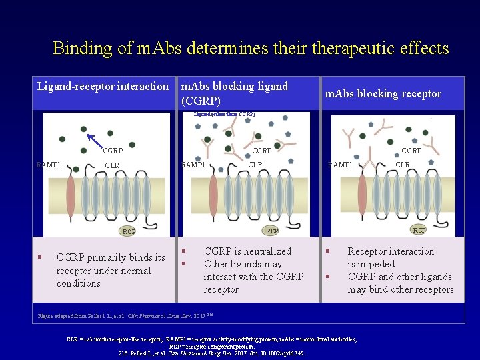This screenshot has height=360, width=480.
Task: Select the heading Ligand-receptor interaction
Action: tap(103, 86)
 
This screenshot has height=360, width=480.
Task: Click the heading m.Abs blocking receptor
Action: tap(383, 93)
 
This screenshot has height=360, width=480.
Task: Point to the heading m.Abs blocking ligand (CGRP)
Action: tap(235, 93)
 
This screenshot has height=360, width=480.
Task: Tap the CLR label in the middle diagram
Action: tap(255, 165)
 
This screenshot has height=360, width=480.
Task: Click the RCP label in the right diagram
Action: tap(419, 230)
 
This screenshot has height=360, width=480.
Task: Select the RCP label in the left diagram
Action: tap(128, 232)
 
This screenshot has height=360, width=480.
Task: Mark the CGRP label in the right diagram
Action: tap(411, 151)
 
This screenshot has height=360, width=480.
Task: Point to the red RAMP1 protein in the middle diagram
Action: tap(213, 193)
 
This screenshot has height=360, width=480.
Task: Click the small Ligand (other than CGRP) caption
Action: tap(224, 114)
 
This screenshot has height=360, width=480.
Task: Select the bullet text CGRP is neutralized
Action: tap(247, 251)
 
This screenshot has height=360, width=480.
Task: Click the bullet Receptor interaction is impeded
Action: tap(391, 257)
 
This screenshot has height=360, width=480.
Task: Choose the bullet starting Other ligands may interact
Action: tap(253, 277)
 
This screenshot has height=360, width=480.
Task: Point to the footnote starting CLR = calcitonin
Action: tap(212, 339)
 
